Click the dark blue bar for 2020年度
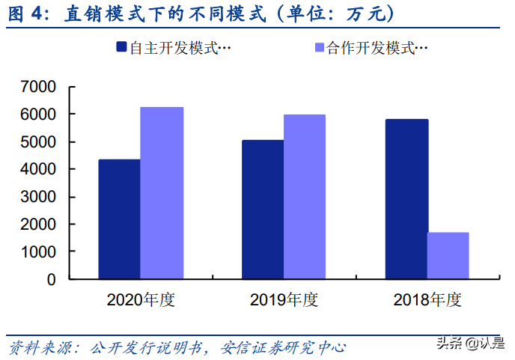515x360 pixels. tap(119, 219)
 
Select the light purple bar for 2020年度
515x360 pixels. tap(162, 193)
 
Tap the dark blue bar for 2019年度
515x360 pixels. tap(262, 210)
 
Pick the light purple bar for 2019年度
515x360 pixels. tap(305, 197)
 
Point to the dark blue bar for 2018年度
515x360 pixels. tap(406, 199)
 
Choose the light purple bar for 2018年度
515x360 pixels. tap(448, 256)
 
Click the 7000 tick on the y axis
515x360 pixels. tap(40, 87)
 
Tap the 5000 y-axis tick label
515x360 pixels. tap(40, 142)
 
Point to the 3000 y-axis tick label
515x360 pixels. tap(40, 197)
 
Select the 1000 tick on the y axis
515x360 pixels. tap(40, 252)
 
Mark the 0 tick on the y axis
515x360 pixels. tap(52, 280)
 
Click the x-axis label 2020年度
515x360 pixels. tap(140, 300)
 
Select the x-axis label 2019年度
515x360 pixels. tap(284, 300)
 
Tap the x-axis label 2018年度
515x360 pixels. tap(427, 300)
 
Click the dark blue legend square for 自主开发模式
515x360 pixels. tap(121, 48)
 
